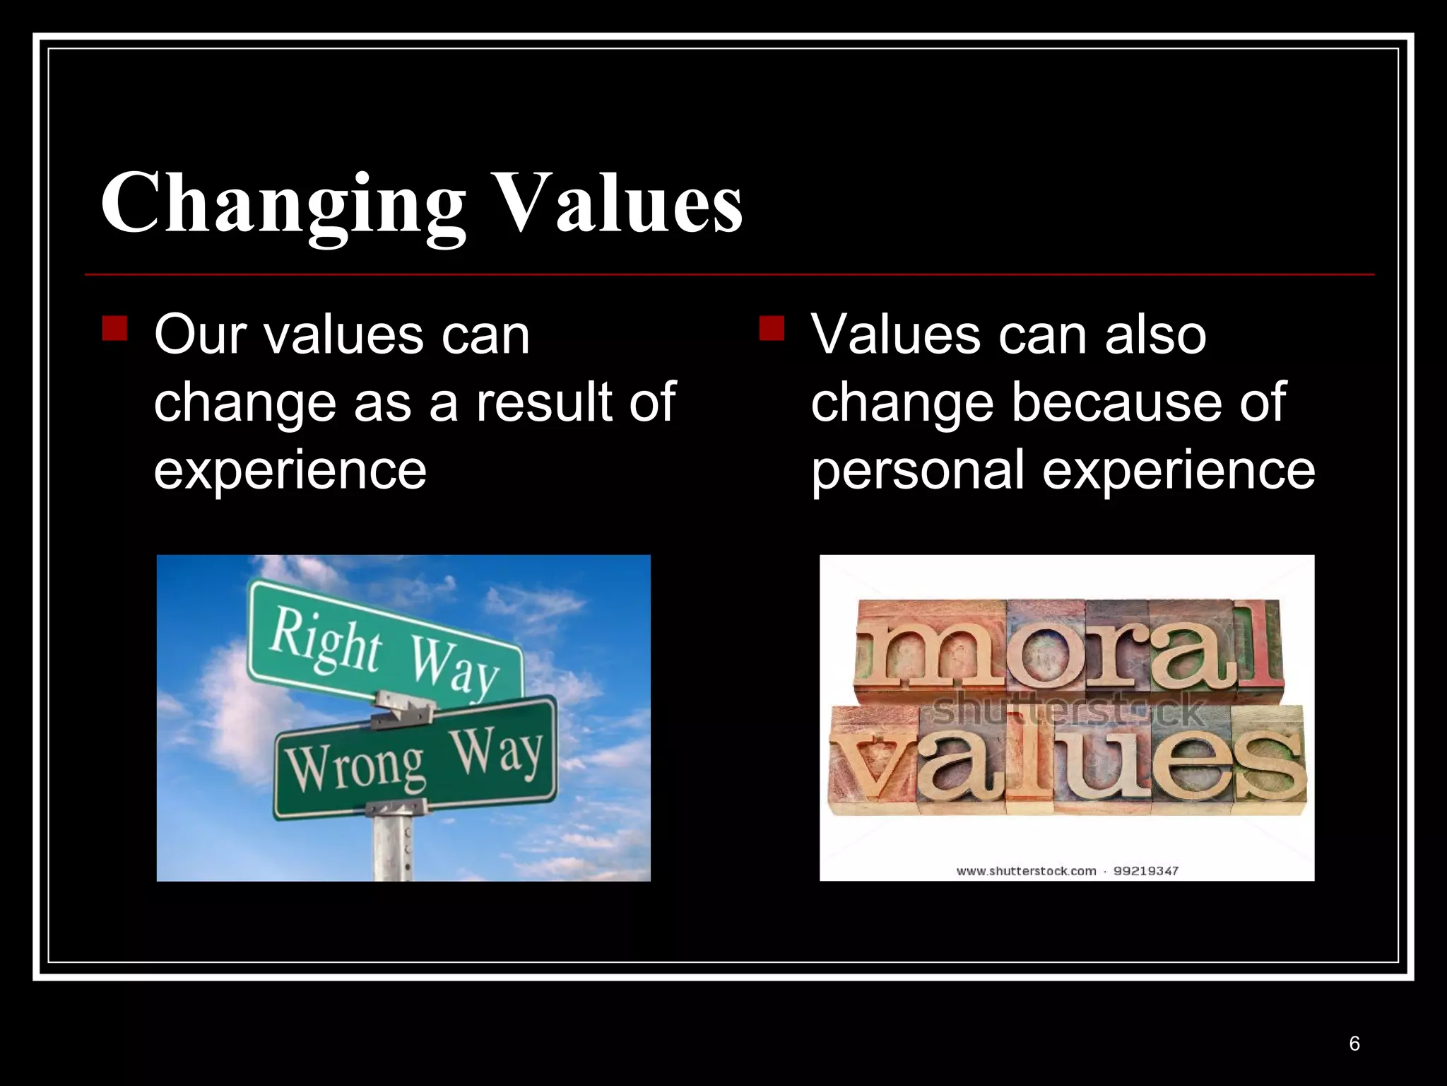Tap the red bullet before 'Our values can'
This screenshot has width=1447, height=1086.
click(114, 329)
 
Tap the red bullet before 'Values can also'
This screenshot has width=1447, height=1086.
click(772, 329)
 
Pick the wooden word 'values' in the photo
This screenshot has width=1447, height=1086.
click(1067, 764)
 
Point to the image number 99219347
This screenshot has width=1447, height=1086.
click(1146, 871)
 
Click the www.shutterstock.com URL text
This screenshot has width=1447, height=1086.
click(1026, 871)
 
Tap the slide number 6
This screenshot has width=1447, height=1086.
click(1354, 1044)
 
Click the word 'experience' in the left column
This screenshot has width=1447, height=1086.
click(290, 469)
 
